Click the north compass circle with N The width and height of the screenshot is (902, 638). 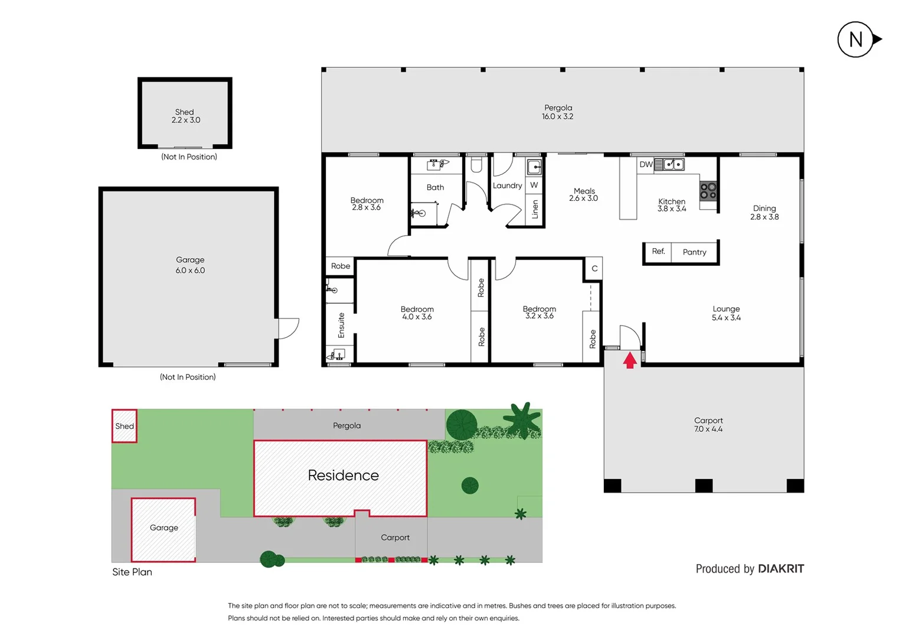(x=855, y=40)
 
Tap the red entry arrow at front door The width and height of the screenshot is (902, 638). (x=630, y=360)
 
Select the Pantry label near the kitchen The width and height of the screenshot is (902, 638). (x=694, y=252)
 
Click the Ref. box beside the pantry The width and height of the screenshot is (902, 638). (x=658, y=252)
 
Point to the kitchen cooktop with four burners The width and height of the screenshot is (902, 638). (x=708, y=191)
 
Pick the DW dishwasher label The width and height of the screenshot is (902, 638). (x=646, y=164)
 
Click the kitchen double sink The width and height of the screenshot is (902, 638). (x=674, y=164)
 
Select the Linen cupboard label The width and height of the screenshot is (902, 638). (x=535, y=209)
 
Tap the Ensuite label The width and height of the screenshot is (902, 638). (x=341, y=325)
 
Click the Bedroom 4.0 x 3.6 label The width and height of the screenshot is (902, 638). (x=417, y=313)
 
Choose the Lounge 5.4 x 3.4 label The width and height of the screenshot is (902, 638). (x=726, y=313)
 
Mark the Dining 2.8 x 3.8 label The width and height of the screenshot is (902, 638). (x=764, y=213)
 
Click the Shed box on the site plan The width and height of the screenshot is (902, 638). (x=125, y=426)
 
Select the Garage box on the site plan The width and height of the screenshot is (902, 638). (x=164, y=529)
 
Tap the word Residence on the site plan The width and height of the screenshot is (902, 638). (x=343, y=476)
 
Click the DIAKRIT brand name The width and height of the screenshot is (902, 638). (x=780, y=569)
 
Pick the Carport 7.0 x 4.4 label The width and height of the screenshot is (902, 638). (x=708, y=425)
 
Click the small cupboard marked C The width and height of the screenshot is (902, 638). (x=594, y=268)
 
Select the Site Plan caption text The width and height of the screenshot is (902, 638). (x=132, y=572)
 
